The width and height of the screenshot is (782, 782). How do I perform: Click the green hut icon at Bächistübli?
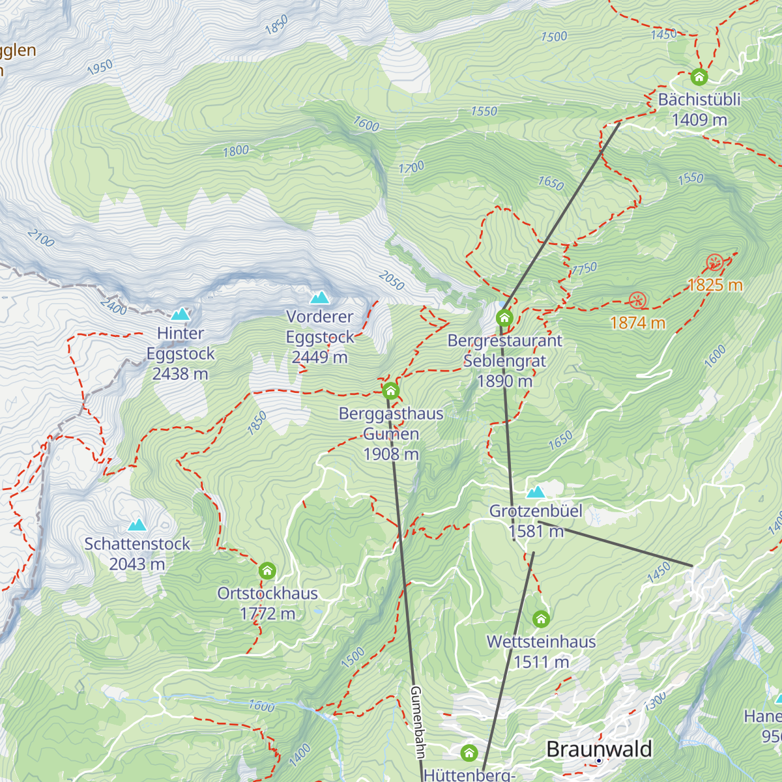(699, 78)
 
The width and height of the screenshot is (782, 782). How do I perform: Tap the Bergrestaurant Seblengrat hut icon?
(504, 318)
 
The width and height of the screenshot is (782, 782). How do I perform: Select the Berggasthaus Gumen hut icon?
(390, 391)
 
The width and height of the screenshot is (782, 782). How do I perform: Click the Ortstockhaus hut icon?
(267, 571)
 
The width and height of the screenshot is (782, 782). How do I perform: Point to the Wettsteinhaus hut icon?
(541, 619)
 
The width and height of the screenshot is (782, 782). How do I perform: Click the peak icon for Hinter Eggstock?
(181, 314)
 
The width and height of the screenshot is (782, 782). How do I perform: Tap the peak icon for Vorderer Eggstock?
(319, 298)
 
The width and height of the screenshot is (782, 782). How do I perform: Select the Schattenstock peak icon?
(137, 525)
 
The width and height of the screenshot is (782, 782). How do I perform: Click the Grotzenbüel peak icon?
(536, 492)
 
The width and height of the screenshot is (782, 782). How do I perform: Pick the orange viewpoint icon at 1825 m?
(715, 263)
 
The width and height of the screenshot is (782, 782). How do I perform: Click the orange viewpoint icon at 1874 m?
(637, 300)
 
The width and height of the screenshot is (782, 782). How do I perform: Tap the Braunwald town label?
(599, 749)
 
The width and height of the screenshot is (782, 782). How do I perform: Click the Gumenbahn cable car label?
(417, 722)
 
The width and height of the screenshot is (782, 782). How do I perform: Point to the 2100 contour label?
(41, 239)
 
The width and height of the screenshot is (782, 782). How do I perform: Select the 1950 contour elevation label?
(100, 66)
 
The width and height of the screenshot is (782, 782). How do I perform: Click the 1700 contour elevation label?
(411, 167)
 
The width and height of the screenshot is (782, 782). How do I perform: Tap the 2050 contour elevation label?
(391, 281)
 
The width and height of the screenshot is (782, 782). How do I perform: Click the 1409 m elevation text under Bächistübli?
(699, 120)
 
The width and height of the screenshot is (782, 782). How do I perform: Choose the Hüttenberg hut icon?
(469, 753)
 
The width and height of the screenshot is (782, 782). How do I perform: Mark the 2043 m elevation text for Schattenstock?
(137, 564)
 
